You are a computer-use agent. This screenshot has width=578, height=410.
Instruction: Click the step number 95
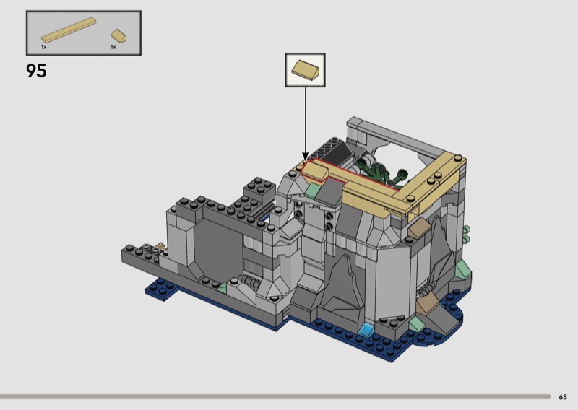[37, 70]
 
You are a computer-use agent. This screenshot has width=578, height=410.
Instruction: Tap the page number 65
[563, 397]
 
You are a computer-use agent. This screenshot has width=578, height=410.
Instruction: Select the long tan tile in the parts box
[69, 30]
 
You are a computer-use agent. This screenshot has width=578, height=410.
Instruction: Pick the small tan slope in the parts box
[118, 36]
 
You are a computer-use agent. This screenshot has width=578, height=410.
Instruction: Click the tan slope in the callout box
[305, 69]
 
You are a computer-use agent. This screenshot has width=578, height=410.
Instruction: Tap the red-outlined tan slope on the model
[314, 171]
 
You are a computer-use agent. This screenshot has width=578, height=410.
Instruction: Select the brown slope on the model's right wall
[418, 227]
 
